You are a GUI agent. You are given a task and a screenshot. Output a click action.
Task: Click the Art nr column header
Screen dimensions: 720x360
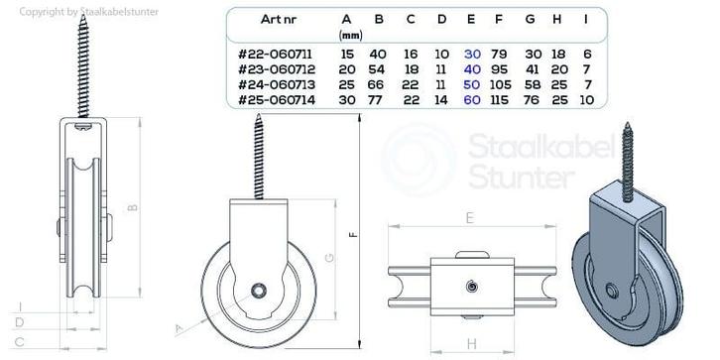pos(278,19)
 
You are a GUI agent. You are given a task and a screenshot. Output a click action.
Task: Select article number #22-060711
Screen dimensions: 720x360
pos(275,55)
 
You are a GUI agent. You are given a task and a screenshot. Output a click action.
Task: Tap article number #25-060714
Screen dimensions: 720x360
pos(277,100)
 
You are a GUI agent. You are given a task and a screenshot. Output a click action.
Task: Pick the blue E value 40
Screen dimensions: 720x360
pos(472,69)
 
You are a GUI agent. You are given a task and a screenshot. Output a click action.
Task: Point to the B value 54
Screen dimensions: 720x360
pos(379,69)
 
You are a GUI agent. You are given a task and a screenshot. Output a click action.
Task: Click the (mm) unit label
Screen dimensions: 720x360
pos(350,35)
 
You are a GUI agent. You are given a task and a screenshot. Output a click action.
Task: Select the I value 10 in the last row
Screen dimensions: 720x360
pos(587,100)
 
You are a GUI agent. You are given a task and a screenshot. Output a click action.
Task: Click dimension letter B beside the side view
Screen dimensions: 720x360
pos(132,207)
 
